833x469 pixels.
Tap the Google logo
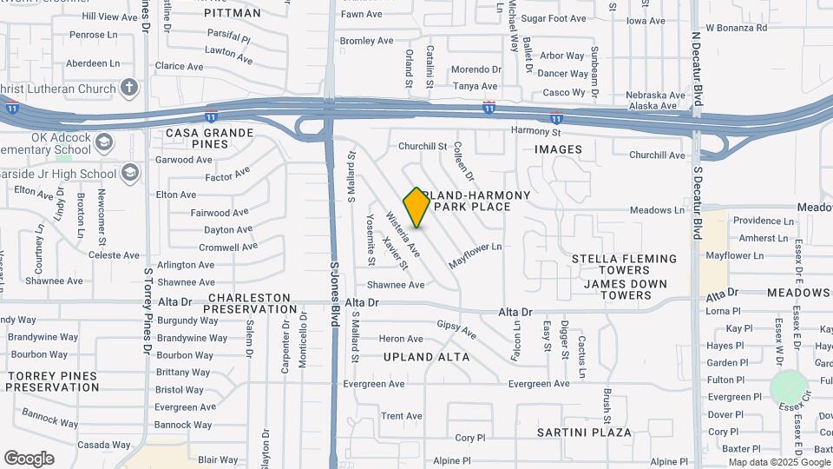29,459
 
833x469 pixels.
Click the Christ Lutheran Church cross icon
129,88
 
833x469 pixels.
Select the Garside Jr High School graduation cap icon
129,174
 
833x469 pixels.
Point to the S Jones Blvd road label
334,295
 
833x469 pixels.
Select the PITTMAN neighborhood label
233,13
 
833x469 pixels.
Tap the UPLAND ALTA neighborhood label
427,357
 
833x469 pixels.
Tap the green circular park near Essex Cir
789,386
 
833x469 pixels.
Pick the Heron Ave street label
401,339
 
